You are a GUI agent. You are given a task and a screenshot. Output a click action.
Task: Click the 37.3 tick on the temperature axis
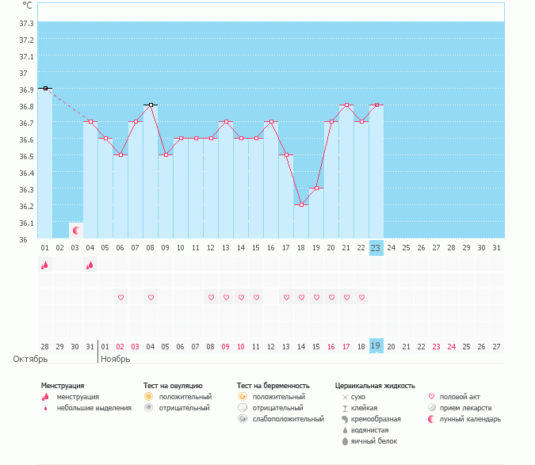(26, 40)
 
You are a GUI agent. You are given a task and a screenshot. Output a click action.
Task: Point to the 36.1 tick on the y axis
(26, 223)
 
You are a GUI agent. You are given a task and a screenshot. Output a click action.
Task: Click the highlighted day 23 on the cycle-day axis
(376, 247)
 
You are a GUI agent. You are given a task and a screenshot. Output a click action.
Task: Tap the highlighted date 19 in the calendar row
(376, 346)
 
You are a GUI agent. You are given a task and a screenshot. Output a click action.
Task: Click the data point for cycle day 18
(300, 204)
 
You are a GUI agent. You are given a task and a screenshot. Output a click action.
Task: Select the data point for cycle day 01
(45, 88)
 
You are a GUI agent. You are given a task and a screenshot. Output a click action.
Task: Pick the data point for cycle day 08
(150, 105)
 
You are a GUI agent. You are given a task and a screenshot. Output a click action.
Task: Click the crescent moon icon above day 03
(76, 231)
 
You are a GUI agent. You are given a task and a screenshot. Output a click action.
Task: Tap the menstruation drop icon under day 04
(90, 265)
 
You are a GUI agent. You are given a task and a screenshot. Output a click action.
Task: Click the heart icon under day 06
(120, 298)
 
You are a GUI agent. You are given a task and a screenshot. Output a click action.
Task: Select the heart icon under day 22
(361, 298)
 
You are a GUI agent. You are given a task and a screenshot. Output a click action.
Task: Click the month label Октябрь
(25, 359)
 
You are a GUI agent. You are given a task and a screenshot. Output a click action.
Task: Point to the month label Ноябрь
(116, 359)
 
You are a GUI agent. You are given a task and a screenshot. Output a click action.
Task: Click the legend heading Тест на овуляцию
(173, 386)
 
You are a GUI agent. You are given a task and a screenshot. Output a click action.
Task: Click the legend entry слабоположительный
(289, 419)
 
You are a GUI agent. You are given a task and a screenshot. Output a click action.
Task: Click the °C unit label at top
(27, 5)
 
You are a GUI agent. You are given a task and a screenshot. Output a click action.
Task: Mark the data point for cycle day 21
(346, 105)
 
